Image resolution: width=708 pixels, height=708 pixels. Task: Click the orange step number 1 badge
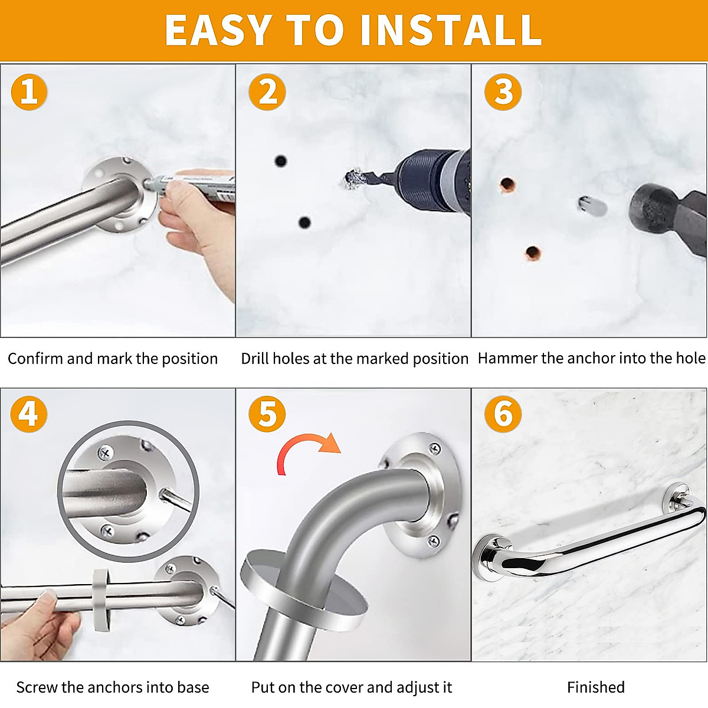[29, 91]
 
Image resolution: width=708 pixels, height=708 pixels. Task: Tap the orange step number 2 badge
[267, 91]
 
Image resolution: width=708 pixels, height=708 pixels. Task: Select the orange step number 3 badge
[503, 91]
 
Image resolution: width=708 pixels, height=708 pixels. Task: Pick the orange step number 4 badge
[29, 414]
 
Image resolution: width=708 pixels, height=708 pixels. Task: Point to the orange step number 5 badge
[267, 414]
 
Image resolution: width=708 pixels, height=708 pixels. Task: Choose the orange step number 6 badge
[503, 414]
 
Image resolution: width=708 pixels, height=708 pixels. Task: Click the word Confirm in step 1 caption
[35, 359]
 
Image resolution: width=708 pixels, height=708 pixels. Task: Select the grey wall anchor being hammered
[592, 206]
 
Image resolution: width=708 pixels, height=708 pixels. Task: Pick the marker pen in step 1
[191, 185]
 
